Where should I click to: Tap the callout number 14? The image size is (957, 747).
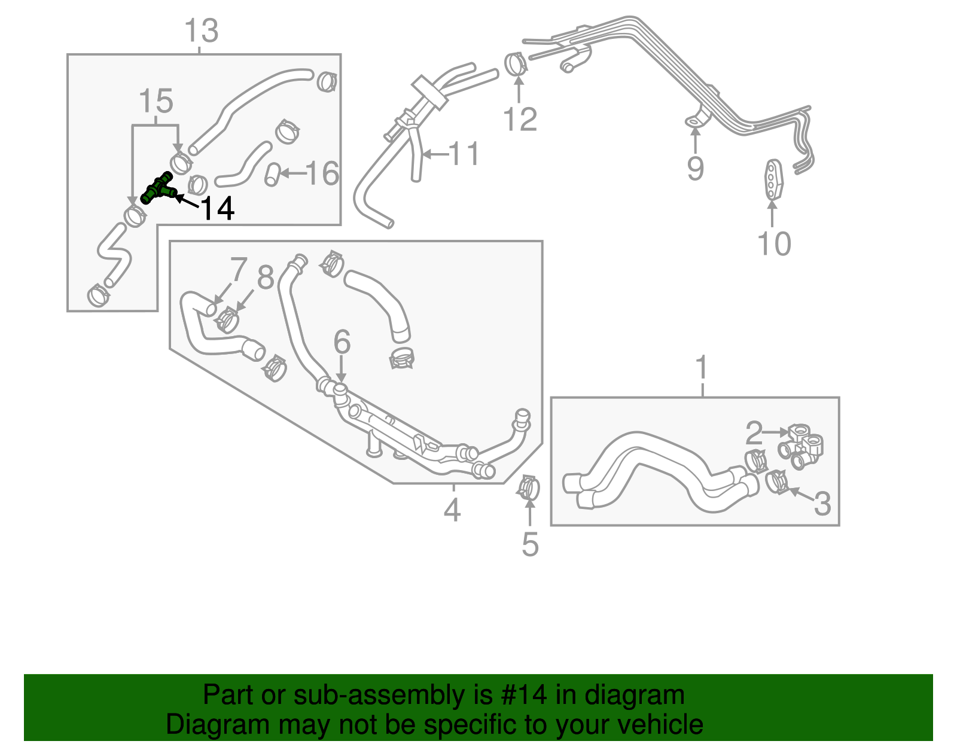[217, 209]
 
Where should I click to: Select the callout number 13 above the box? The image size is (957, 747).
[201, 31]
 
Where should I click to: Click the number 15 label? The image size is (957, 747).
[156, 102]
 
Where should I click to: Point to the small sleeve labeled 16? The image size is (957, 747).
[272, 174]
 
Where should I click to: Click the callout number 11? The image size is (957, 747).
[464, 154]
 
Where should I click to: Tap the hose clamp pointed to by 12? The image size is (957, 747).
[516, 65]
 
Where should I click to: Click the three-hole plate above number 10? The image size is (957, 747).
[773, 178]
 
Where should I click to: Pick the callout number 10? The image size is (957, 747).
[774, 244]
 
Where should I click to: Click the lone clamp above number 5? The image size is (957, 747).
[529, 487]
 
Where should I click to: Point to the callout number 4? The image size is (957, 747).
[452, 510]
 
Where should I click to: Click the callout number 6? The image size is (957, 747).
[342, 342]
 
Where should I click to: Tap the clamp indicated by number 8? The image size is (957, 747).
[228, 320]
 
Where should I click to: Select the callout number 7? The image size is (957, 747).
[238, 270]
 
